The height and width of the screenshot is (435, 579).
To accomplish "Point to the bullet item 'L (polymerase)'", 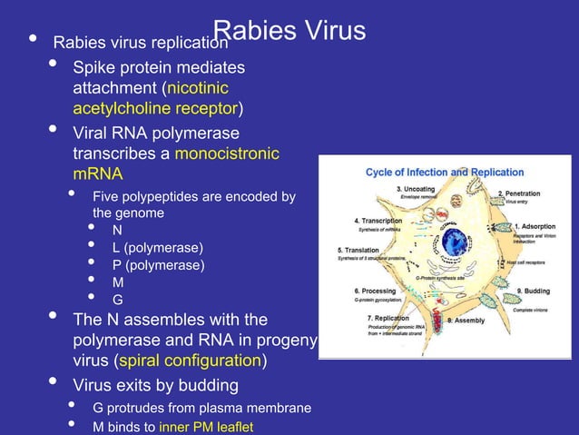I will [x=157, y=248].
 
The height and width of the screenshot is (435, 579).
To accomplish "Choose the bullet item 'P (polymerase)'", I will [x=158, y=265].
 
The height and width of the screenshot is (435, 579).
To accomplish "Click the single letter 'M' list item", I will [x=118, y=282].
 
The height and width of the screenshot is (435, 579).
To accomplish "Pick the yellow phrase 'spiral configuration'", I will [x=199, y=361].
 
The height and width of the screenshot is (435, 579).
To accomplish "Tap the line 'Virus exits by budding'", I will [x=155, y=386].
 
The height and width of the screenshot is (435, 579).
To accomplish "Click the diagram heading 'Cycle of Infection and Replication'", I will [x=445, y=172].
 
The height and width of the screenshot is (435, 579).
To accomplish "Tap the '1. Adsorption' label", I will [x=535, y=226].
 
